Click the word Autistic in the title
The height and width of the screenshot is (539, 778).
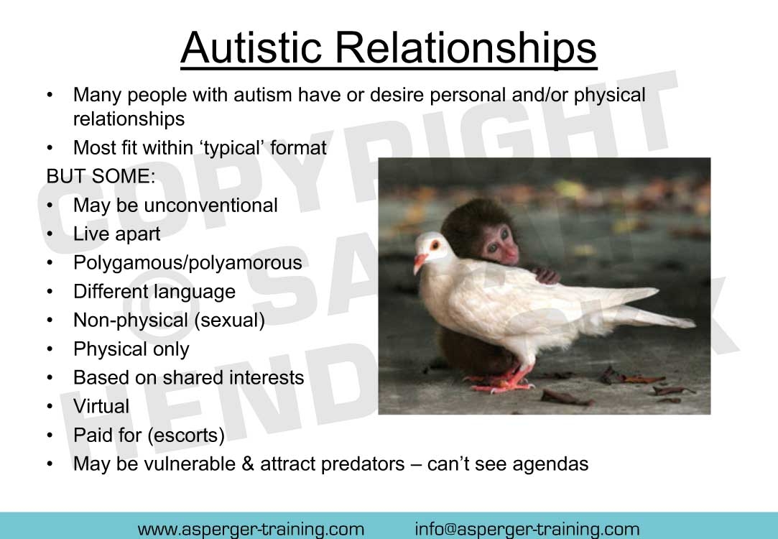(251, 47)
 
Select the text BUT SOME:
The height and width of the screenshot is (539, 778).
(101, 176)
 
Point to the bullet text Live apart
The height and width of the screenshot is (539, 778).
(116, 234)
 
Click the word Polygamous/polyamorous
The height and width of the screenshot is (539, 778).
(187, 262)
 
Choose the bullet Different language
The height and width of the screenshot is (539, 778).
(154, 291)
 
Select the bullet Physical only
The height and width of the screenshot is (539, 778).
(131, 349)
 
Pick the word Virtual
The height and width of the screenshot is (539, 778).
(101, 407)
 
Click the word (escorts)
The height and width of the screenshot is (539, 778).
(186, 436)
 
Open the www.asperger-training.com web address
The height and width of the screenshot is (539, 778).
(251, 529)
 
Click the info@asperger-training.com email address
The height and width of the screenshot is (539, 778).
(527, 529)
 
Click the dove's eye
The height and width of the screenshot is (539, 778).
(435, 244)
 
